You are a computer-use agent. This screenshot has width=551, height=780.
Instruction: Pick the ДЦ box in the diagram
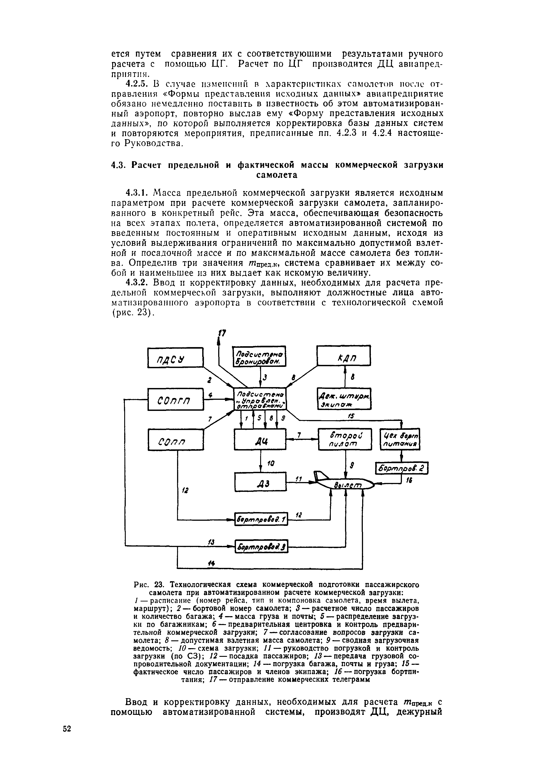pyautogui.click(x=260, y=439)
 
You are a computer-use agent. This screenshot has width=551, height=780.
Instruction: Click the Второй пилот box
pyautogui.click(x=345, y=439)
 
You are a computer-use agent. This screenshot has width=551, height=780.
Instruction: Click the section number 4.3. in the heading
pyautogui.click(x=119, y=165)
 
